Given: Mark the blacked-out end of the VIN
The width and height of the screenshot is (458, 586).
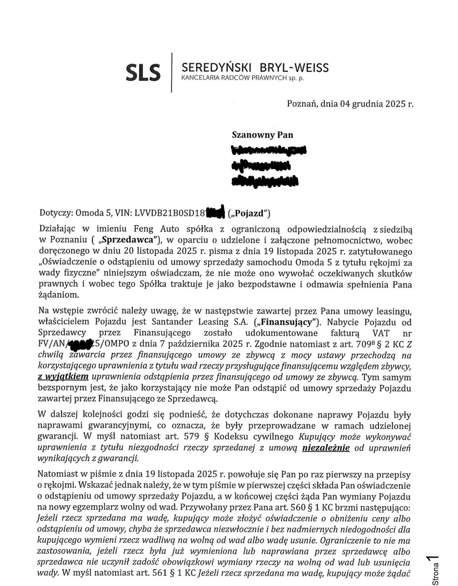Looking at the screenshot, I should click(x=216, y=212).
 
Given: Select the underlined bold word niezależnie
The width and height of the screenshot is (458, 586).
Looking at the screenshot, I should click(x=326, y=448).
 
